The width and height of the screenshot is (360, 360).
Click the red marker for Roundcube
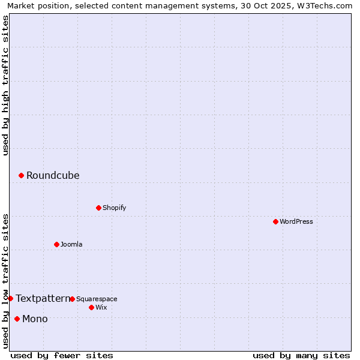[x=21, y=175]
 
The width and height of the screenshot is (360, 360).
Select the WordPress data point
[x=275, y=221]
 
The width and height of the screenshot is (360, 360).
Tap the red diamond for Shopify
[x=98, y=208]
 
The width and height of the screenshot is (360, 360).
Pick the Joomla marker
[x=56, y=244]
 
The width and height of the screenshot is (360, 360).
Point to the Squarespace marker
[x=72, y=299]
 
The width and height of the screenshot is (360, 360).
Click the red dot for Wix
[x=91, y=307]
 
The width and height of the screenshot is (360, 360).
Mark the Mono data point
[x=17, y=319]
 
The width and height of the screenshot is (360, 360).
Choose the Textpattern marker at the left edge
[x=10, y=298]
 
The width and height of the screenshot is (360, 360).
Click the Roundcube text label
[x=53, y=175]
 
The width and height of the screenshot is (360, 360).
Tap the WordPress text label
[x=296, y=221]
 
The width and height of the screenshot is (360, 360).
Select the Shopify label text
[x=114, y=208]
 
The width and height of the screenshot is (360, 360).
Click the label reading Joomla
[x=71, y=244]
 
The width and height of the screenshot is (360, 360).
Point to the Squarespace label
[x=97, y=299]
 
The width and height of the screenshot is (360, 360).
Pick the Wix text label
[x=101, y=307]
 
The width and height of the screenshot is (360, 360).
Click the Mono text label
[x=35, y=319]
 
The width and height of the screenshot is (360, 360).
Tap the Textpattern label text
[x=43, y=298]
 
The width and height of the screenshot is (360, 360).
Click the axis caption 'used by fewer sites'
[x=62, y=355]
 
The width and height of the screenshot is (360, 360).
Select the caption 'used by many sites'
[x=301, y=355]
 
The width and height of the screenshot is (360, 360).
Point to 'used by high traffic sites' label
[x=5, y=85]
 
